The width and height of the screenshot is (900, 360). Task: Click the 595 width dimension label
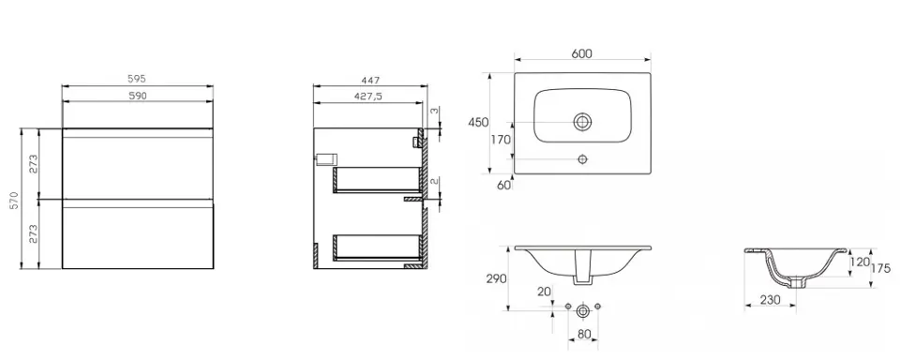[x=137, y=80]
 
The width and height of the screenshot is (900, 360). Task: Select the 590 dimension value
[x=137, y=96]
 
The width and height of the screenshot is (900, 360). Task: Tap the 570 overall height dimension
[x=16, y=200]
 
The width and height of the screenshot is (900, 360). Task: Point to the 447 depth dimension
[x=371, y=80]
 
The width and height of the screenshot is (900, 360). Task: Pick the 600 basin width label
[x=581, y=53]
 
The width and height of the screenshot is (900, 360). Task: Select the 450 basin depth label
[x=478, y=122]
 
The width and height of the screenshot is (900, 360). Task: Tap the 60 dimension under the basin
[x=504, y=185]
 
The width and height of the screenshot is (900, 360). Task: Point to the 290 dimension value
[x=497, y=279]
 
